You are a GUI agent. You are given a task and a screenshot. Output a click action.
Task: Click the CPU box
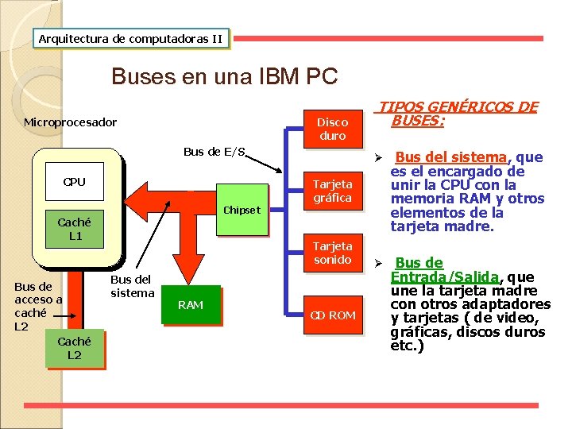(74, 183)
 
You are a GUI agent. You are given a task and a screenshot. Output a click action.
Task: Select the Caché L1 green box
(74, 230)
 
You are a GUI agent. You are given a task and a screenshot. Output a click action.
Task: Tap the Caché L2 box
(74, 349)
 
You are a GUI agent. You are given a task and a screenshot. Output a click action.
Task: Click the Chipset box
(241, 211)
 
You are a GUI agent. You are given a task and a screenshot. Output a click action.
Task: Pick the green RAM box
(191, 305)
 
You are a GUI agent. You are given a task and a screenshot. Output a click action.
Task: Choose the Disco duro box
(332, 129)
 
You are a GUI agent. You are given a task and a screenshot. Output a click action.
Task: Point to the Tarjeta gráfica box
(332, 191)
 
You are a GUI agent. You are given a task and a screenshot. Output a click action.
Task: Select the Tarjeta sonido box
(332, 253)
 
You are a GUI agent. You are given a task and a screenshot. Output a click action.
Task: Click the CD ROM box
(332, 315)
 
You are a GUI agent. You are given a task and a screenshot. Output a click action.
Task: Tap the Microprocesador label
(70, 122)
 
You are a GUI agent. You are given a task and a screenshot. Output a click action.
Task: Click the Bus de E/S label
(214, 152)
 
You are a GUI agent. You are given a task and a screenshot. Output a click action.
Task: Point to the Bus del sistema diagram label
(132, 286)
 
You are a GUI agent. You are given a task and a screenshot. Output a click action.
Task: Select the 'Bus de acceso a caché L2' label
(38, 306)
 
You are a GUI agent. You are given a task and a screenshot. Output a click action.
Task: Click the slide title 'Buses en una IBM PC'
(225, 77)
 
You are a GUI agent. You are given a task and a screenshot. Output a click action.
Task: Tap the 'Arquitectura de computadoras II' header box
(131, 38)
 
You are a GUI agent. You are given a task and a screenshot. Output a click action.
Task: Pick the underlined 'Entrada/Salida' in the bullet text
(444, 276)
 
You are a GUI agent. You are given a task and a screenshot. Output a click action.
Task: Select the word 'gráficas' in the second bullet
(419, 333)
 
